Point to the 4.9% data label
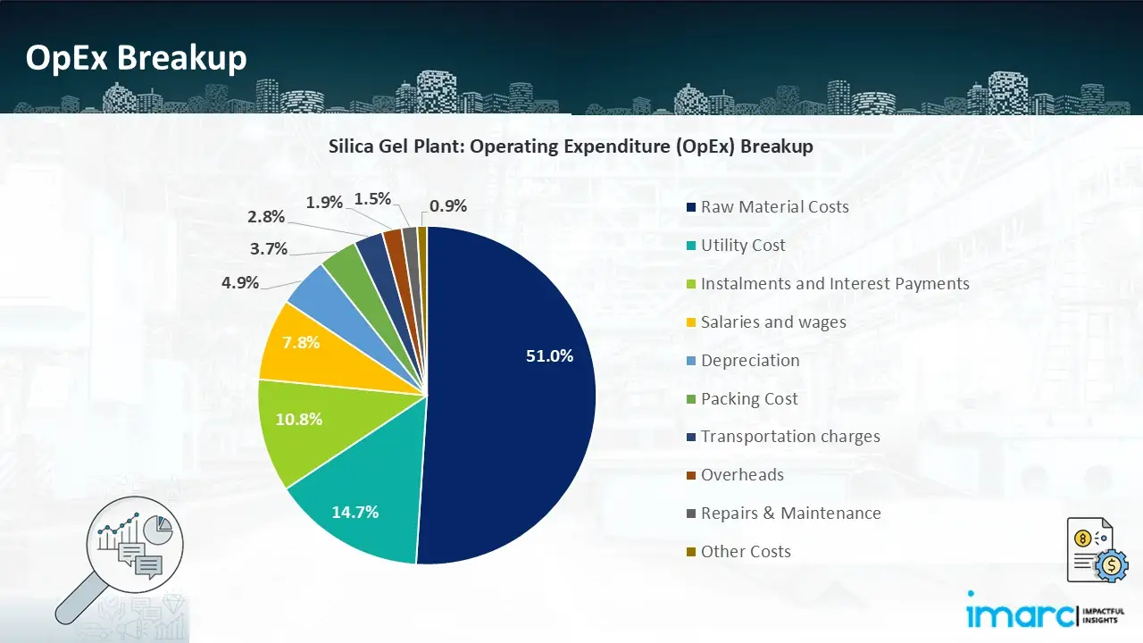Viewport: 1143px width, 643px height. [x=240, y=283]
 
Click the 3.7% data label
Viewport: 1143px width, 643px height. [x=269, y=249]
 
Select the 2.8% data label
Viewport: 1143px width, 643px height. [x=267, y=216]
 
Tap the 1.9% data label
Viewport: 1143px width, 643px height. [x=324, y=203]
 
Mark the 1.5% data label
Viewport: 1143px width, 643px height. [x=372, y=199]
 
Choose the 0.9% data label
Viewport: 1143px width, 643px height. [x=448, y=206]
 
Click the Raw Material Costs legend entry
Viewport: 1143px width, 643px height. [x=773, y=207]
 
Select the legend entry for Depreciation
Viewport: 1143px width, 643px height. [x=749, y=361]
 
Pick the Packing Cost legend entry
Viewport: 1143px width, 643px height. [x=748, y=399]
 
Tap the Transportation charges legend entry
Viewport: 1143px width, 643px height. [x=789, y=437]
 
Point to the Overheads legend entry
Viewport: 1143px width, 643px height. [x=741, y=475]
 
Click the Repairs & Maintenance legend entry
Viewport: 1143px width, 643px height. [x=789, y=514]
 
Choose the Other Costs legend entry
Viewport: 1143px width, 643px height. [x=745, y=552]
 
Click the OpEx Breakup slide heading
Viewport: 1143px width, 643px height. [x=136, y=57]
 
